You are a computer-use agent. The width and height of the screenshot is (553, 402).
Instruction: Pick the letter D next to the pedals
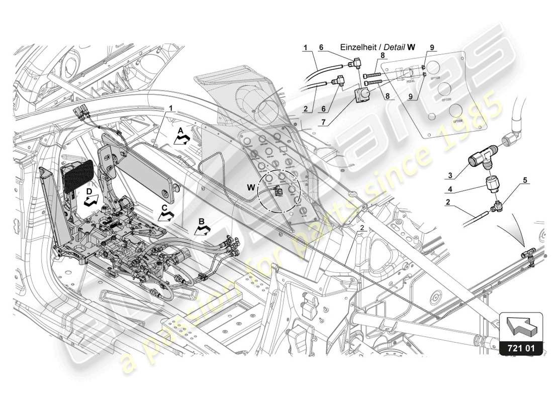tap(89, 192)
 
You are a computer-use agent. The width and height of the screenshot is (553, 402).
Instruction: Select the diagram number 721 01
tap(521, 346)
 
